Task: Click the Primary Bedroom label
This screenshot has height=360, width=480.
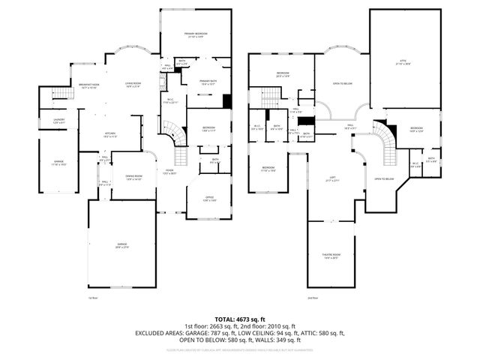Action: [x=196, y=34]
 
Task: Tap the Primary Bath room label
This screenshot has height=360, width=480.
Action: [x=208, y=81]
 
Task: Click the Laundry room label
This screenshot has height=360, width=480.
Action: [x=58, y=120]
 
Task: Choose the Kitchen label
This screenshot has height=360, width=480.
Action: [x=109, y=134]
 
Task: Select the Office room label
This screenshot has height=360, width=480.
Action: [x=211, y=198]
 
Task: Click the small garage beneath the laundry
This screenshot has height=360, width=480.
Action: [x=58, y=160]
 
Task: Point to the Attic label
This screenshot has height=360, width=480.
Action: [x=403, y=63]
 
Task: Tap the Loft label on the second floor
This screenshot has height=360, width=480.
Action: [x=331, y=178]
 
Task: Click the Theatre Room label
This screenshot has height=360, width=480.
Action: [x=331, y=256]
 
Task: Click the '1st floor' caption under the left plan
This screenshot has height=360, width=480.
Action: [x=94, y=298]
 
